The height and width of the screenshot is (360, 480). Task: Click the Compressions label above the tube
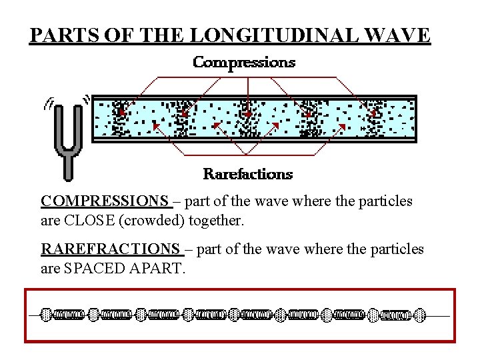coord(244,63)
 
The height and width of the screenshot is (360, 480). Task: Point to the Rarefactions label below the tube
coord(248,175)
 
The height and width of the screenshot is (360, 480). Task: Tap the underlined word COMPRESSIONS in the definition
coord(105,201)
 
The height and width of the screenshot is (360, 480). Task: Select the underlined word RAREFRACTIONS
coord(111,249)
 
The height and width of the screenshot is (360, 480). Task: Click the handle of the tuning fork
coord(67,167)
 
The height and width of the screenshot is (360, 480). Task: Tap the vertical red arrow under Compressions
coord(248,93)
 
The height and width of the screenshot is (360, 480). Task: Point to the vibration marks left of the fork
coord(48,105)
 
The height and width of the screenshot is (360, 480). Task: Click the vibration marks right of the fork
coord(85,100)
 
